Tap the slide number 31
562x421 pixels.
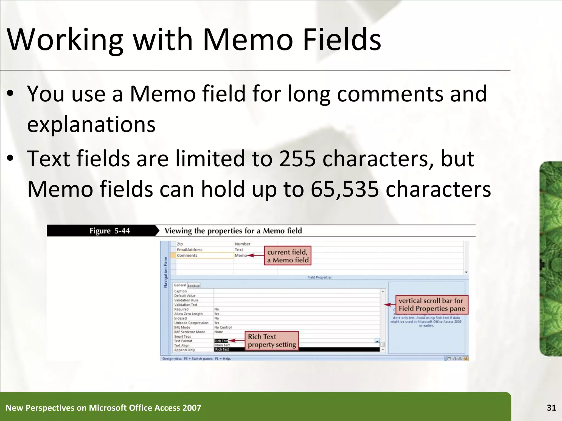pos(551,408)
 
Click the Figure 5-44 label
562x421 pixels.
pos(109,231)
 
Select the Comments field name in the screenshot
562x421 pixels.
pos(187,255)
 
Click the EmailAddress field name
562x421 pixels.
pos(189,250)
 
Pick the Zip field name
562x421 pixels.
pos(180,244)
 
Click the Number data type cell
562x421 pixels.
pos(242,244)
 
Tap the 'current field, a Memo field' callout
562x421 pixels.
pos(288,256)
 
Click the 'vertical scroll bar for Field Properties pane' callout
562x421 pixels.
pos(431,305)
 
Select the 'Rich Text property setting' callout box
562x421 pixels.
pos(272,341)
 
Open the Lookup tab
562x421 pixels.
pos(194,286)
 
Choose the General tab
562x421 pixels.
pos(180,285)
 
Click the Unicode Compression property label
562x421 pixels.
pos(191,323)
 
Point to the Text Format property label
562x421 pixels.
pos(183,341)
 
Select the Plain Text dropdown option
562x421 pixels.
pos(222,345)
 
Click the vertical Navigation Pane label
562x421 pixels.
pos(165,272)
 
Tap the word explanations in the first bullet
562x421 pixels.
pos(91,124)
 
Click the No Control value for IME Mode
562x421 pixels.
pos(223,327)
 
